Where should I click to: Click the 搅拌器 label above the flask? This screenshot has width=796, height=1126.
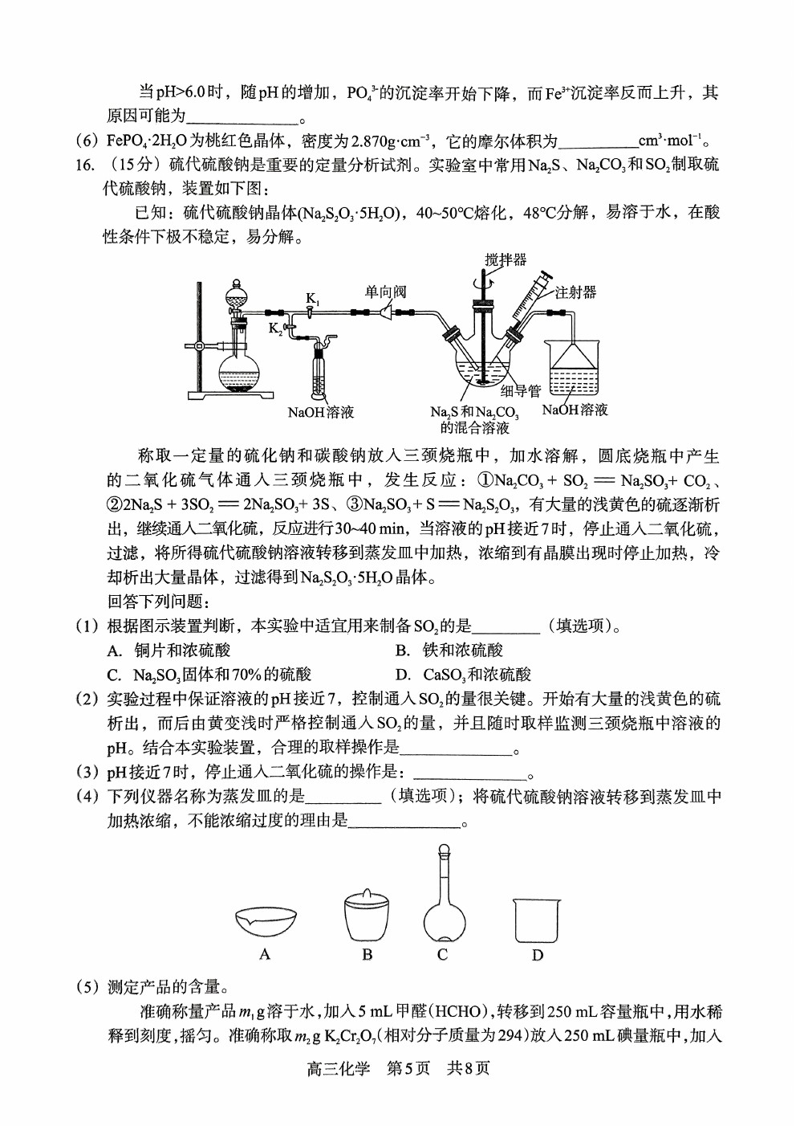506,260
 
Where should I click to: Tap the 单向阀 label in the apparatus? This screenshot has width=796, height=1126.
385,292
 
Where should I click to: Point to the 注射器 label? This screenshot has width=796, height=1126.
575,292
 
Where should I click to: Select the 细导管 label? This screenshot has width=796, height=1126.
521,390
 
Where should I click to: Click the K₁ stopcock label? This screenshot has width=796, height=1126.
313,300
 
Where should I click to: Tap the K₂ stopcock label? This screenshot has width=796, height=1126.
275,328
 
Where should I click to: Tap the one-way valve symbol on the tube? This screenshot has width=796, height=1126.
386,312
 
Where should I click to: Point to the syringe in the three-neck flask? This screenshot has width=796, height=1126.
527,302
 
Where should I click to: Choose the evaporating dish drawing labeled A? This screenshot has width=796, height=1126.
266,921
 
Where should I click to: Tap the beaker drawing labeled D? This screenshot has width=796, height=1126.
537,920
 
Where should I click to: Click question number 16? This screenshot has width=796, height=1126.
85,165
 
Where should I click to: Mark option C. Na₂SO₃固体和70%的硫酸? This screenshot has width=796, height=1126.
209,675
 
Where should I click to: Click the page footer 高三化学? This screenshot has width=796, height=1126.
338,1096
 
